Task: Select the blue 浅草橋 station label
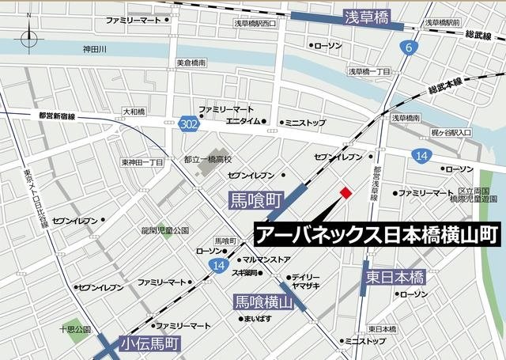click(x=368, y=17)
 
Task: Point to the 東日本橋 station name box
click(x=396, y=278)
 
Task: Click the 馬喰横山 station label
click(x=264, y=301)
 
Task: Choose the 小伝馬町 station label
click(x=150, y=344)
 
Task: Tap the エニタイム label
click(x=244, y=122)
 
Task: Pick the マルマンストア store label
click(x=266, y=260)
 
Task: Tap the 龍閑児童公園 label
click(x=165, y=230)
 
